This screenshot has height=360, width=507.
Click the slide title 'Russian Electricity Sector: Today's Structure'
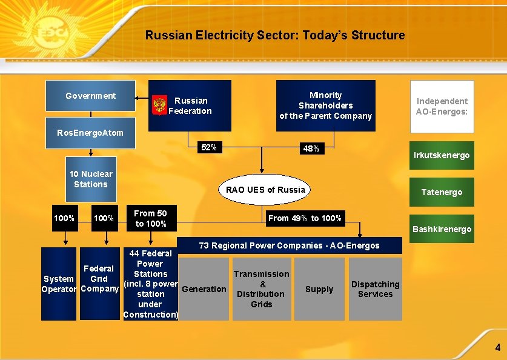click(x=275, y=35)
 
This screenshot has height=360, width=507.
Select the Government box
click(x=91, y=96)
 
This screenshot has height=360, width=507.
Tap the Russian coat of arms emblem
click(x=160, y=105)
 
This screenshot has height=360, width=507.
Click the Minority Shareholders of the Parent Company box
click(x=325, y=105)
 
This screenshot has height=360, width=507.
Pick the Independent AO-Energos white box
click(x=442, y=106)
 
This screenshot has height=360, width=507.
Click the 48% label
click(x=311, y=148)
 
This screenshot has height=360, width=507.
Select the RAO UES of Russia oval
click(x=265, y=190)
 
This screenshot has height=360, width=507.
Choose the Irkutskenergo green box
click(x=442, y=155)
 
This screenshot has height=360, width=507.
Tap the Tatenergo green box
click(x=442, y=192)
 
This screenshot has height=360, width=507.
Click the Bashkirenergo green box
click(x=442, y=228)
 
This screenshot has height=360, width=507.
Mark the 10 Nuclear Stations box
click(x=90, y=179)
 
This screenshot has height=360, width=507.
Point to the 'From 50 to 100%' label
click(x=150, y=218)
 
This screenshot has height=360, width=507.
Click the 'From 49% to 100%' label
click(x=305, y=218)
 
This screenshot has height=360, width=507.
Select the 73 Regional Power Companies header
click(x=290, y=245)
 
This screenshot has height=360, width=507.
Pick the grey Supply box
click(x=319, y=289)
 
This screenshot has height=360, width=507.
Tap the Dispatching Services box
click(x=375, y=289)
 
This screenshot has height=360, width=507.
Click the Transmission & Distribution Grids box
click(x=262, y=289)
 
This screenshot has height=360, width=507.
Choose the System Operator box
click(x=59, y=284)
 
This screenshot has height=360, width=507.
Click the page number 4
click(x=497, y=348)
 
